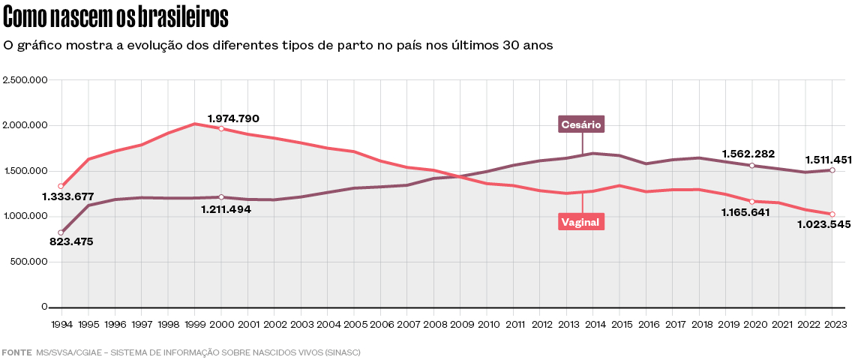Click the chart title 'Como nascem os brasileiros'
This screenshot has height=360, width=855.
click(x=116, y=16)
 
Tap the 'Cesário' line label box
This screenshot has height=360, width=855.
click(x=581, y=124)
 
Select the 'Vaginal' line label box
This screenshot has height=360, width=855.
click(x=581, y=221)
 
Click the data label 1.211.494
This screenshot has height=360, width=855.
click(x=226, y=209)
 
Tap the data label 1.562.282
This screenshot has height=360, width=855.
click(x=748, y=154)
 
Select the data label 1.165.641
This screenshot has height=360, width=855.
click(x=748, y=212)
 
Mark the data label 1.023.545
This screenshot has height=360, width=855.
click(x=823, y=224)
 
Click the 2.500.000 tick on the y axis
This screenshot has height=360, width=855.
click(x=25, y=79)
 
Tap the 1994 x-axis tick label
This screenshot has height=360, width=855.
click(x=61, y=324)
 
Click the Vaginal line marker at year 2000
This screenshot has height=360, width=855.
click(x=220, y=128)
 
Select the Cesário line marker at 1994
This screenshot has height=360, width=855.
click(x=61, y=232)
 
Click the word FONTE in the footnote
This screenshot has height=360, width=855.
click(x=16, y=352)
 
